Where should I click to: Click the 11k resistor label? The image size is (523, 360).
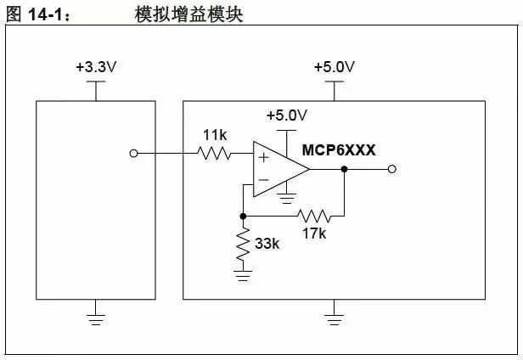click(x=214, y=135)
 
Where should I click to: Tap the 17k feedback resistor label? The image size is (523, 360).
click(x=313, y=232)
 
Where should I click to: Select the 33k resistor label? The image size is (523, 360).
click(x=267, y=244)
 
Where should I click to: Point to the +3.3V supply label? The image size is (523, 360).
click(x=95, y=67)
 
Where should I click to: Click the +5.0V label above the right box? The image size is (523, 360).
click(x=335, y=67)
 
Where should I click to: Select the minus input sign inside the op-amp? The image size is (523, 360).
click(x=263, y=180)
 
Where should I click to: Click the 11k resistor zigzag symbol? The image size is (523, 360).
click(x=214, y=154)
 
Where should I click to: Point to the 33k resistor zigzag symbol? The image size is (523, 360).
click(x=244, y=244)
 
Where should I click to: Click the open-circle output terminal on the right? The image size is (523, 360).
click(x=391, y=169)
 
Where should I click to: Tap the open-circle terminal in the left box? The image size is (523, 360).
click(x=132, y=154)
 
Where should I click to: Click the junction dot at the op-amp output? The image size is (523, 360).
click(x=344, y=169)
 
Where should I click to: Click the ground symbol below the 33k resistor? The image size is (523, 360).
click(x=244, y=273)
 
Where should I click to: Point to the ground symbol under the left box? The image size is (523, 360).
click(x=95, y=318)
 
